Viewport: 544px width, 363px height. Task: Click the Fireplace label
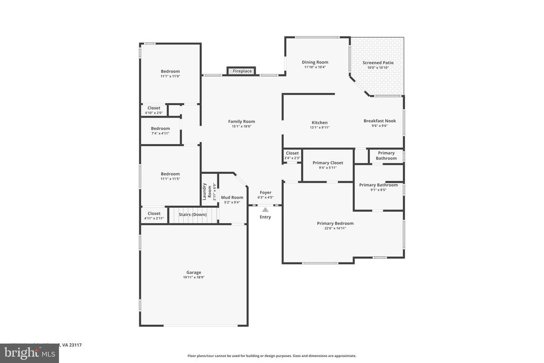tap(242, 71)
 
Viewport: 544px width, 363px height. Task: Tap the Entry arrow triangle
tap(265, 210)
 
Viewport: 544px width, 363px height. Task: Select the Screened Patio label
tap(378, 63)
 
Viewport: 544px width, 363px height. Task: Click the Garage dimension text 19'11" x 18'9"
tap(193, 277)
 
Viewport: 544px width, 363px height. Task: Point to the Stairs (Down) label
tap(192, 214)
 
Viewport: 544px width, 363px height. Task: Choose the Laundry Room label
tap(205, 191)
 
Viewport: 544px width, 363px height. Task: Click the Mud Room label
tap(232, 197)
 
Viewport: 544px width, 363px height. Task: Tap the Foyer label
tap(266, 192)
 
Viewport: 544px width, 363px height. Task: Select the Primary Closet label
tap(328, 163)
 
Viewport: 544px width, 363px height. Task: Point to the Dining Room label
tap(315, 62)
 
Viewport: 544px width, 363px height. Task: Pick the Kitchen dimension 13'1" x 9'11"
tap(319, 128)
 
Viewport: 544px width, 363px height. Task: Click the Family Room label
tap(242, 122)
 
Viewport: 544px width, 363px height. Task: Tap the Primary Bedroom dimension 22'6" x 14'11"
tap(335, 229)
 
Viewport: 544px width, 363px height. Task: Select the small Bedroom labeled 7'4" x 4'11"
tap(160, 128)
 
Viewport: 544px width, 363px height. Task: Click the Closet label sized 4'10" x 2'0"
tap(154, 108)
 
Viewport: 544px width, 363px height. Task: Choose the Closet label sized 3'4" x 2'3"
tap(292, 153)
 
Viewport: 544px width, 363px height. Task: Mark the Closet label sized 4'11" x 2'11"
tap(154, 214)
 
